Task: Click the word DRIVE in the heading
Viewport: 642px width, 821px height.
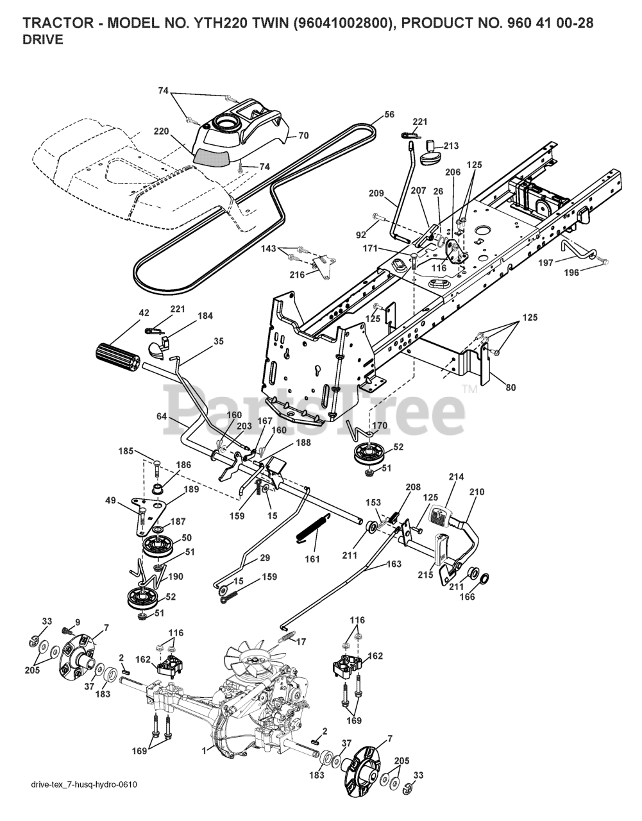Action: [x=42, y=40]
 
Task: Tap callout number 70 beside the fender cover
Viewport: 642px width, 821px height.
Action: [x=303, y=135]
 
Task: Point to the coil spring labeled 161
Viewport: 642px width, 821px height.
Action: [x=308, y=527]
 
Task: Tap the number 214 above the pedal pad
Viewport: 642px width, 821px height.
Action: [x=457, y=477]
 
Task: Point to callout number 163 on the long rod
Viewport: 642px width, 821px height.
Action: [x=394, y=564]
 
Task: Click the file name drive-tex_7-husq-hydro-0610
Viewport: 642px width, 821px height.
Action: [x=85, y=802]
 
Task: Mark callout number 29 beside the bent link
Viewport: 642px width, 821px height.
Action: [x=266, y=559]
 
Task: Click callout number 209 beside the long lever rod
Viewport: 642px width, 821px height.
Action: [x=376, y=192]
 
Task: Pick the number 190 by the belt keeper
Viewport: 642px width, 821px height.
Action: [x=175, y=577]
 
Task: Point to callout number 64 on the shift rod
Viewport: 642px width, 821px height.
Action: [x=162, y=417]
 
